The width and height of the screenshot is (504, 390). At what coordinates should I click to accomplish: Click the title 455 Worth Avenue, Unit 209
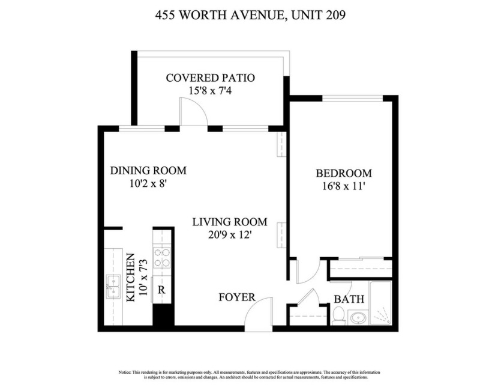click(x=251, y=16)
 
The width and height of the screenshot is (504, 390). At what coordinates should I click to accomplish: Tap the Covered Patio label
click(x=210, y=78)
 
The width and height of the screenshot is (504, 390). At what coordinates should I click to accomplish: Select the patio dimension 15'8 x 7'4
click(x=210, y=90)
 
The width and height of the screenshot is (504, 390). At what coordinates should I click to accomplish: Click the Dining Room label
click(x=148, y=171)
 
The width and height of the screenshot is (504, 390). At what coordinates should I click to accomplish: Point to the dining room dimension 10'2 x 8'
click(x=148, y=184)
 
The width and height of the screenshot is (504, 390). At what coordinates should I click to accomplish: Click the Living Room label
click(x=229, y=222)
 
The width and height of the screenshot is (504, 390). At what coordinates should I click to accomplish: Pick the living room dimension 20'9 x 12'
click(x=229, y=235)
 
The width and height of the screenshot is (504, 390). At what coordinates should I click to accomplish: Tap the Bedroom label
click(x=343, y=173)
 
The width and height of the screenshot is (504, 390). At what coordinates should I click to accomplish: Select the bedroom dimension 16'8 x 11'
click(x=343, y=186)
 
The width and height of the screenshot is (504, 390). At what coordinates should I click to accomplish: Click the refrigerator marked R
click(x=161, y=290)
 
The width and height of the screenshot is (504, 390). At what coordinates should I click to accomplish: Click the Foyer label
click(x=236, y=297)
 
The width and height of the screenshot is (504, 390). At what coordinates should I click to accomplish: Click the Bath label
click(x=349, y=299)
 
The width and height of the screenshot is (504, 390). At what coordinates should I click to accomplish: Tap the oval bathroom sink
click(x=359, y=317)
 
